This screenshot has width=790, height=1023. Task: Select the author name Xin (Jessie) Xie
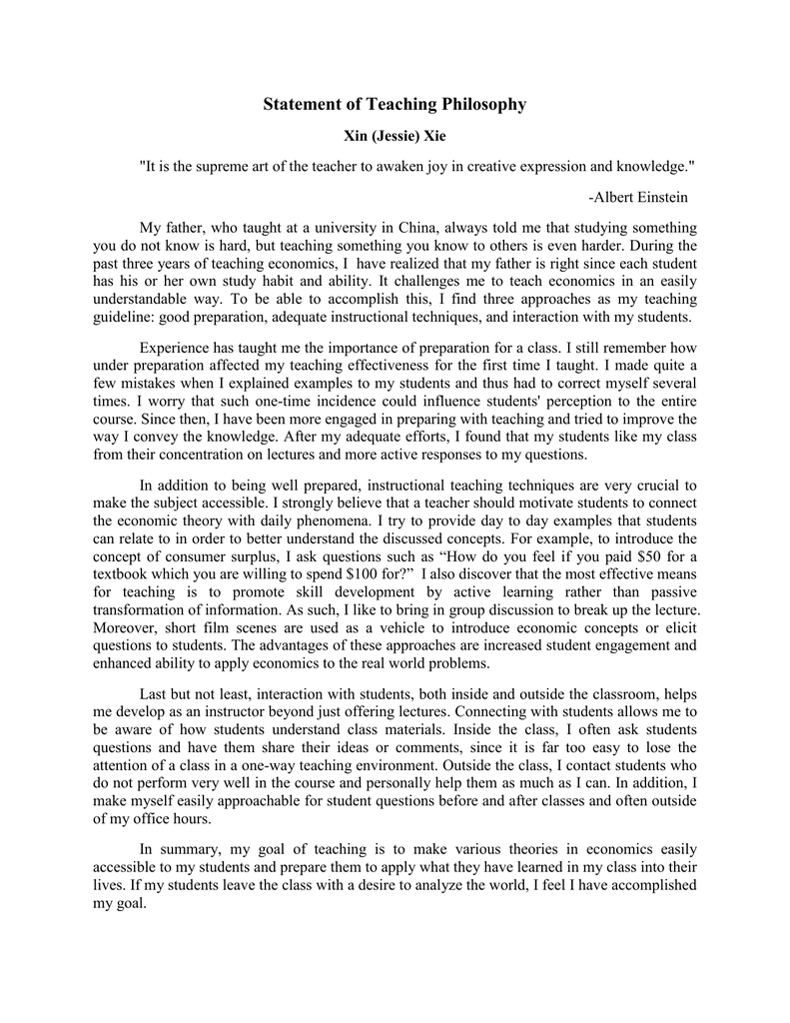395,136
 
